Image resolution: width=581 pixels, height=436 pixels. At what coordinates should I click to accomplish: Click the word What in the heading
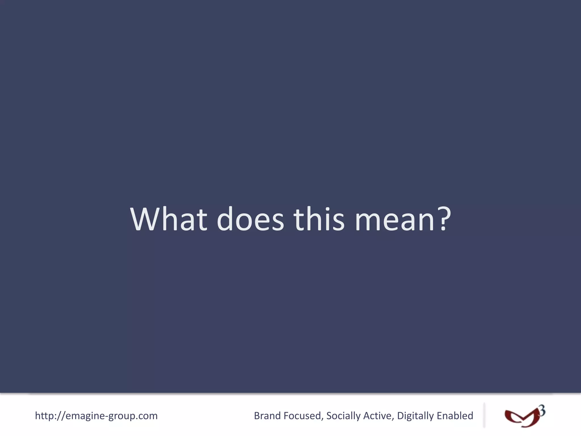click(169, 219)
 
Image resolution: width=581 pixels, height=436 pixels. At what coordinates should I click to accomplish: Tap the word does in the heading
click(250, 219)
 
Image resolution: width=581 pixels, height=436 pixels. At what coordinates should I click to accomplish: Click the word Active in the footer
click(377, 416)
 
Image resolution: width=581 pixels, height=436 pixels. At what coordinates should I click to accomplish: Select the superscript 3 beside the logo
click(542, 410)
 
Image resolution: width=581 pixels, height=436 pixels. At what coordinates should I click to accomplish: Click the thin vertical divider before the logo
click(484, 415)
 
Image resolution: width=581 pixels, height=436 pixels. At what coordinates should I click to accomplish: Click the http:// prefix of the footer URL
click(50, 416)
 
